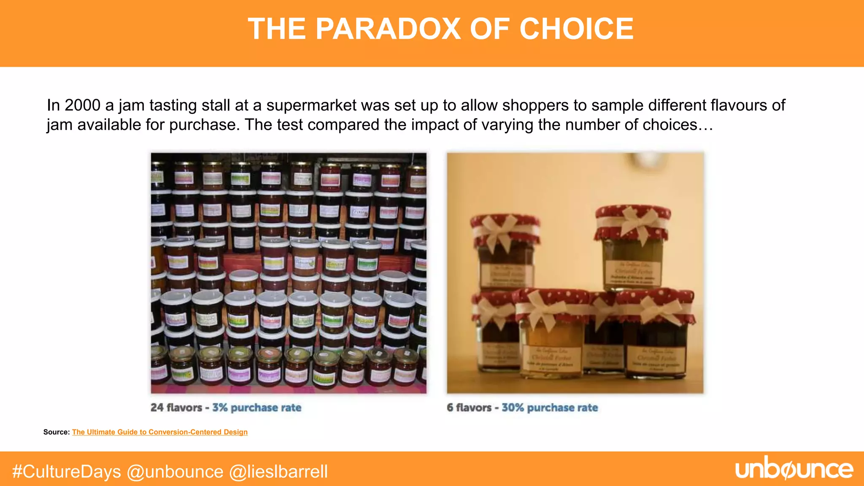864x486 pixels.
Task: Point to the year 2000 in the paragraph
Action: (82, 105)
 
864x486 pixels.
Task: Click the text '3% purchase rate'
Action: (256, 408)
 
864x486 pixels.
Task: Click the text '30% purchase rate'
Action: (550, 408)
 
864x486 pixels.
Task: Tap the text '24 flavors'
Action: (176, 408)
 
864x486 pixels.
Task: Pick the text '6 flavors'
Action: (469, 408)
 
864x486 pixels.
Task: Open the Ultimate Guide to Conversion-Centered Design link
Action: (160, 432)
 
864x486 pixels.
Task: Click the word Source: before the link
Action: (57, 432)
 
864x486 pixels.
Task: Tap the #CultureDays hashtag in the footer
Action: (67, 472)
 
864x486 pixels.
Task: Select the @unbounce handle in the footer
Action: (175, 472)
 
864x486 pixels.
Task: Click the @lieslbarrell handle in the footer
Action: (278, 472)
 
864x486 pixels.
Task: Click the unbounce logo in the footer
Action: (794, 470)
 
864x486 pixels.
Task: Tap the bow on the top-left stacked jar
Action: (504, 230)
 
